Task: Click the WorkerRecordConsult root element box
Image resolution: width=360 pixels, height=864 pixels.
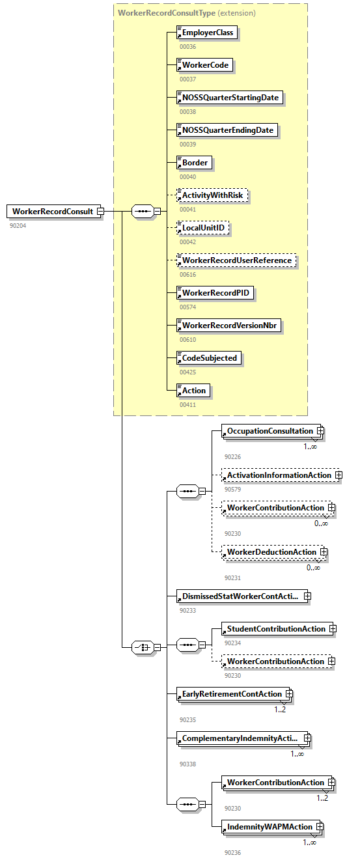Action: pos(53,211)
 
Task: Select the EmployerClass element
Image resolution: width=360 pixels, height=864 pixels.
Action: pos(208,33)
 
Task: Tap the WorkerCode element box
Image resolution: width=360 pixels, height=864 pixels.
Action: pos(204,65)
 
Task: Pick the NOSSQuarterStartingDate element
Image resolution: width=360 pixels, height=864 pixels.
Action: pos(230,98)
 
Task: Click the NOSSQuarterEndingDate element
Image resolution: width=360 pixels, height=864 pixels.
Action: pos(227,130)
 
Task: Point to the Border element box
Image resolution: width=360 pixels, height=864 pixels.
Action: pos(195,163)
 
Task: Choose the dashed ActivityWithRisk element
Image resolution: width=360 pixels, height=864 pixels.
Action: pos(214,195)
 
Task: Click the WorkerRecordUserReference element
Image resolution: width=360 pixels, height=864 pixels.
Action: pos(236,260)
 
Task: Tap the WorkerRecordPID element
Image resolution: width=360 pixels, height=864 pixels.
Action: pos(215,293)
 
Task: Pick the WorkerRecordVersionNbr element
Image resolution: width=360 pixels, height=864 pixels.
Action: pos(229,326)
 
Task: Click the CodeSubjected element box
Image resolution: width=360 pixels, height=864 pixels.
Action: pos(209,358)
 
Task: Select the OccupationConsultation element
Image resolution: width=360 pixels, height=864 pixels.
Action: pos(270,431)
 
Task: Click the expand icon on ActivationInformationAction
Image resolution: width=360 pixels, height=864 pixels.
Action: pos(339,475)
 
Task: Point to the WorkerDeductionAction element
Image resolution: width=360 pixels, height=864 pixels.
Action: pos(271,552)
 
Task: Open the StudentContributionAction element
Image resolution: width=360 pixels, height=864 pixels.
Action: pos(275,629)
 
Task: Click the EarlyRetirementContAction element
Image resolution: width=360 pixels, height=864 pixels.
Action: pos(231,694)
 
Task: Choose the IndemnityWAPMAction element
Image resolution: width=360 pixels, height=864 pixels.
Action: pos(269,827)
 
